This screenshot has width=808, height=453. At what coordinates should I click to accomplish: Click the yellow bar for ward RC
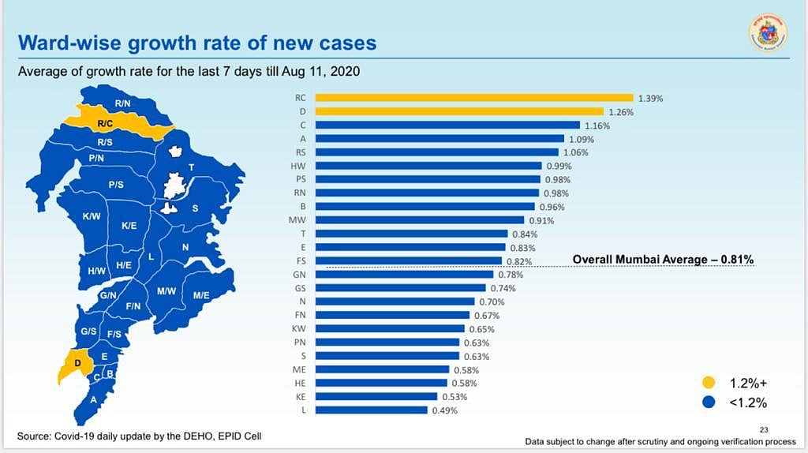(x=473, y=99)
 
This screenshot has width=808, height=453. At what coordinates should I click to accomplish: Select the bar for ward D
(x=459, y=112)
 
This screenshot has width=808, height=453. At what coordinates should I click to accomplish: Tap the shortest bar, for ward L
(x=371, y=410)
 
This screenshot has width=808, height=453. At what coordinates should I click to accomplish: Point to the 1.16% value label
(x=597, y=125)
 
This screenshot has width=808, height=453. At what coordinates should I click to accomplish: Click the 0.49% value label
(x=444, y=410)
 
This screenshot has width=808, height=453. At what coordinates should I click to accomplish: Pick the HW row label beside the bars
(x=298, y=166)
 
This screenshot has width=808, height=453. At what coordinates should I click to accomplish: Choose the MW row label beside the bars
(x=297, y=220)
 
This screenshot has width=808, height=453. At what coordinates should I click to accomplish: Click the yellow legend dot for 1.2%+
(x=709, y=383)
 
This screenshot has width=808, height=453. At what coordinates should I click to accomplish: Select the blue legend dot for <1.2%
(x=709, y=402)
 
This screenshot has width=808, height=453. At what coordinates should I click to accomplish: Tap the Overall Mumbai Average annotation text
(x=663, y=260)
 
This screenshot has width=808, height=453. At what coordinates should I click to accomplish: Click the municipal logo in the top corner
(x=767, y=34)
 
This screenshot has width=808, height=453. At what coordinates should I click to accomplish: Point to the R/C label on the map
(x=106, y=124)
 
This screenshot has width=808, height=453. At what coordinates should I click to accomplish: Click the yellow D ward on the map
(x=76, y=365)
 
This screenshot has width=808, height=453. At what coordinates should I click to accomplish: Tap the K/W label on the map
(x=91, y=216)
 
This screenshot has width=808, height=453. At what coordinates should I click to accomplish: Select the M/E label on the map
(x=200, y=295)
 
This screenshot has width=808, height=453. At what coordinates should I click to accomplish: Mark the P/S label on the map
(x=116, y=185)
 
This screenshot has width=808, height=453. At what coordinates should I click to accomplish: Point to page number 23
(x=762, y=430)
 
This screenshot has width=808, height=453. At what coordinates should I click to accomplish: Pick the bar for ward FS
(x=409, y=261)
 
